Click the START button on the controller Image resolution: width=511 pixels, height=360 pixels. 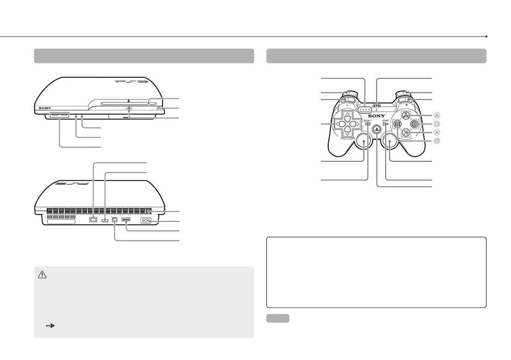[386, 124]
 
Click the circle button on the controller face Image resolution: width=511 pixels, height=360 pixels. [414, 124]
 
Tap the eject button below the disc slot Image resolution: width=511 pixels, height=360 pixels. [129, 109]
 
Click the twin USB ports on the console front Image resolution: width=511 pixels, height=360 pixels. [59, 115]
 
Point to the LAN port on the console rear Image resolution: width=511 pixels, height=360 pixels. [93, 220]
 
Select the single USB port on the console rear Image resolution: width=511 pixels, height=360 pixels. [127, 220]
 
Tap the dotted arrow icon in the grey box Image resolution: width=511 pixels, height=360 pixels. [51, 326]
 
